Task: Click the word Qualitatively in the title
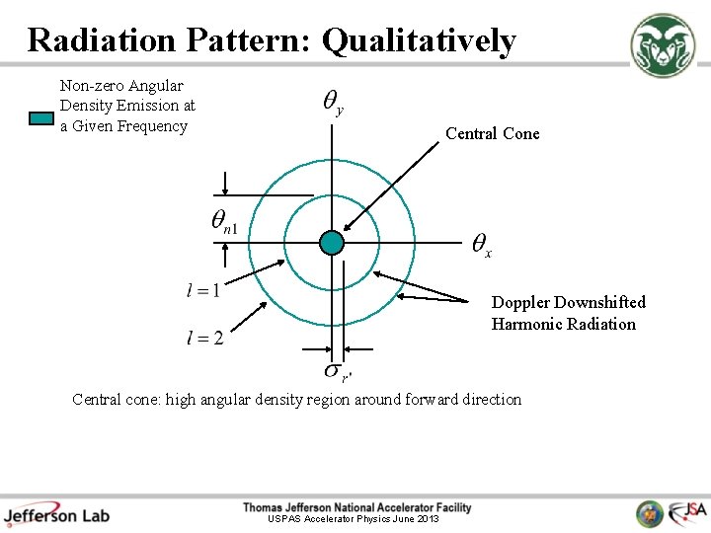click(x=419, y=41)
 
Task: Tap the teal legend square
click(x=40, y=118)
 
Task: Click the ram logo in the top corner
click(x=664, y=45)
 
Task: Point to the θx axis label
click(x=481, y=244)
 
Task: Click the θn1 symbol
click(x=224, y=222)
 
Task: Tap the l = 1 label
click(x=203, y=290)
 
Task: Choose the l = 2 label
click(x=204, y=339)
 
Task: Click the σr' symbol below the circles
click(x=336, y=371)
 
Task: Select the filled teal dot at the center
click(x=332, y=242)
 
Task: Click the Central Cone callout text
click(x=492, y=134)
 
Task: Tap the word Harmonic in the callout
click(x=527, y=324)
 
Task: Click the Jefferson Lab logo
click(x=56, y=513)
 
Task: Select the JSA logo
click(x=687, y=512)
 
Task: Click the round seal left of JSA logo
click(x=650, y=513)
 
